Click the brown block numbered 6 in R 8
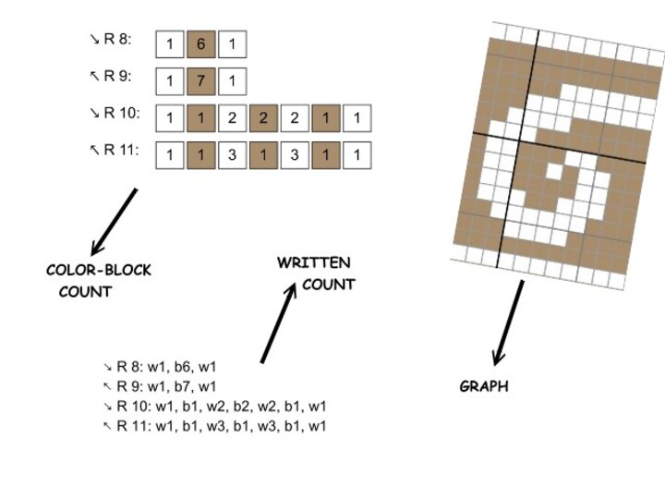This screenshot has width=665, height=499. pyautogui.click(x=201, y=44)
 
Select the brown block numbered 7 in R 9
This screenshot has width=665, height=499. pyautogui.click(x=201, y=81)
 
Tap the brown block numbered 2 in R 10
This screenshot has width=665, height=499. pyautogui.click(x=263, y=118)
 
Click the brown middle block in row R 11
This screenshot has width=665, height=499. pyautogui.click(x=263, y=155)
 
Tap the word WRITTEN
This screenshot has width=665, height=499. pyautogui.click(x=313, y=263)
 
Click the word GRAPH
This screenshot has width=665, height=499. pyautogui.click(x=484, y=386)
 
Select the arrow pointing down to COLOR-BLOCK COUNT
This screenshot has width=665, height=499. pyautogui.click(x=114, y=222)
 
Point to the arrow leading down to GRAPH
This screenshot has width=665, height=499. pyautogui.click(x=510, y=323)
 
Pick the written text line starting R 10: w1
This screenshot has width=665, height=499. pyautogui.click(x=214, y=406)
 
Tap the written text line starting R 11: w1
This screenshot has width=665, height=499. pyautogui.click(x=214, y=426)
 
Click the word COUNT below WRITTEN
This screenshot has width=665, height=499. pyautogui.click(x=328, y=285)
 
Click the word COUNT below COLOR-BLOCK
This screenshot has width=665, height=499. pyautogui.click(x=85, y=292)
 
